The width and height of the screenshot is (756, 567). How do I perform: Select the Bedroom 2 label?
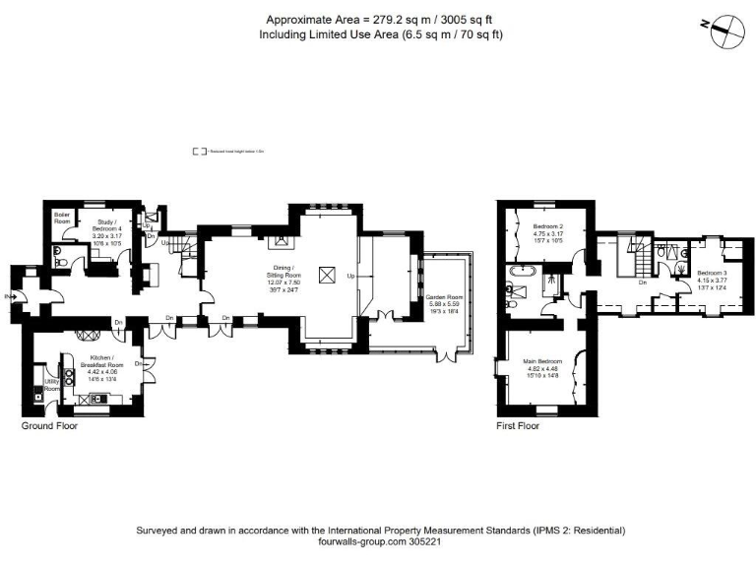point(548,233)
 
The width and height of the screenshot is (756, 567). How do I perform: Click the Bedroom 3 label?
point(712,279)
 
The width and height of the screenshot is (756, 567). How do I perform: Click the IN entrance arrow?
point(9,296)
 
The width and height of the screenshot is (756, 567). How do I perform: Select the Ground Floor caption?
point(49,427)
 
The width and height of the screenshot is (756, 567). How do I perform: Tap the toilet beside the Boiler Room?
point(59,263)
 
